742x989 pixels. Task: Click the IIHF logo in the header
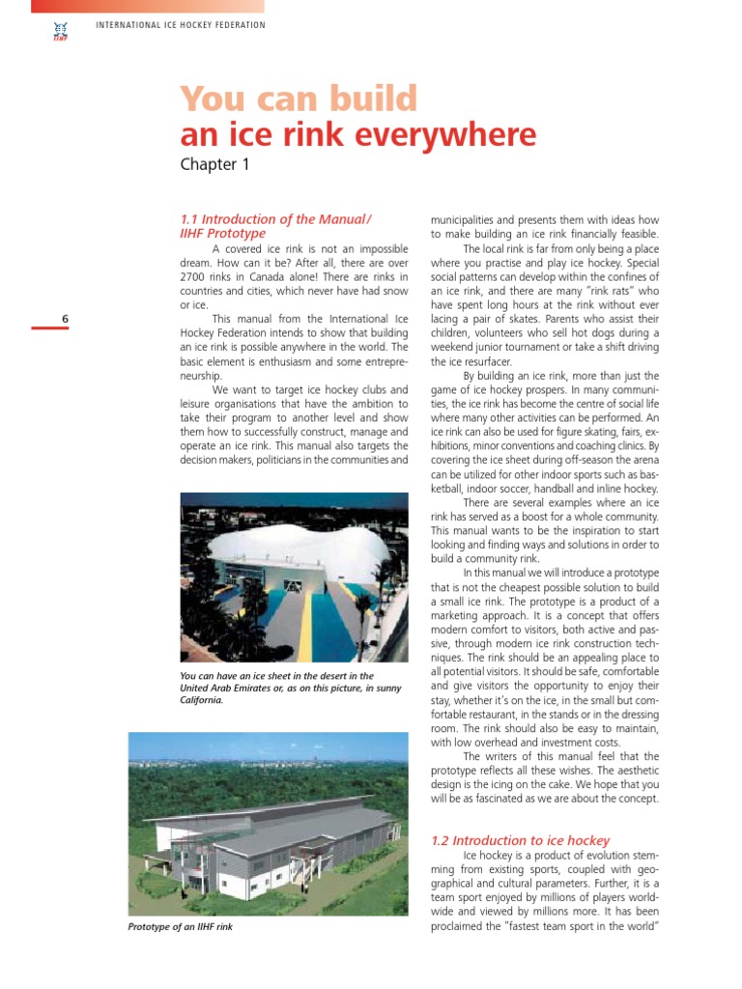point(59,31)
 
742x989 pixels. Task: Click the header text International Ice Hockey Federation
point(181,24)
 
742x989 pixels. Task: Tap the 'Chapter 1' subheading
point(214,164)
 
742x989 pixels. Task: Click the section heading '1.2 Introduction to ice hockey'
point(520,840)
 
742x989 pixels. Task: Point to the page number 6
point(64,319)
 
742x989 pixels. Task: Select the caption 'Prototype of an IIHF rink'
point(181,927)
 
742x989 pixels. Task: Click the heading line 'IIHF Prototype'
point(222,233)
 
